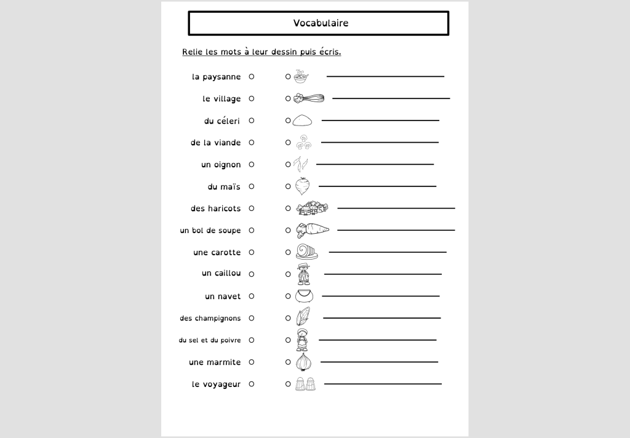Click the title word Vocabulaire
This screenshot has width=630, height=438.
tap(321, 23)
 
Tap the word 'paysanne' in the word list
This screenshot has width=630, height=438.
tap(221, 78)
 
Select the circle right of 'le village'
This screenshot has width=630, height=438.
tap(252, 98)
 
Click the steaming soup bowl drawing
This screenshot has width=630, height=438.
tap(301, 77)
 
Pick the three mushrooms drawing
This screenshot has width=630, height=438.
tap(303, 143)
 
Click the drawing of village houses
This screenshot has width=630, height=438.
tap(312, 208)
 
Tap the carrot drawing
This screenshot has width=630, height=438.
tap(313, 230)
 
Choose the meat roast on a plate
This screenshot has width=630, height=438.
tap(307, 252)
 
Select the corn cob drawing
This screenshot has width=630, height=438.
tap(303, 317)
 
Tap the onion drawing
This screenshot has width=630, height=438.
tap(303, 362)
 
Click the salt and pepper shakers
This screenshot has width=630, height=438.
tap(305, 384)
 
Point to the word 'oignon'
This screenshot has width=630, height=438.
tap(227, 165)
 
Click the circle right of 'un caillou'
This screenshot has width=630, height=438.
tap(252, 274)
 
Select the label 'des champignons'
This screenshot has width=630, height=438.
tap(210, 318)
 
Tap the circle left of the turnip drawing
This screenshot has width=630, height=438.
tap(288, 186)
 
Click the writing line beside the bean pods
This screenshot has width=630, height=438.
tap(375, 164)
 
